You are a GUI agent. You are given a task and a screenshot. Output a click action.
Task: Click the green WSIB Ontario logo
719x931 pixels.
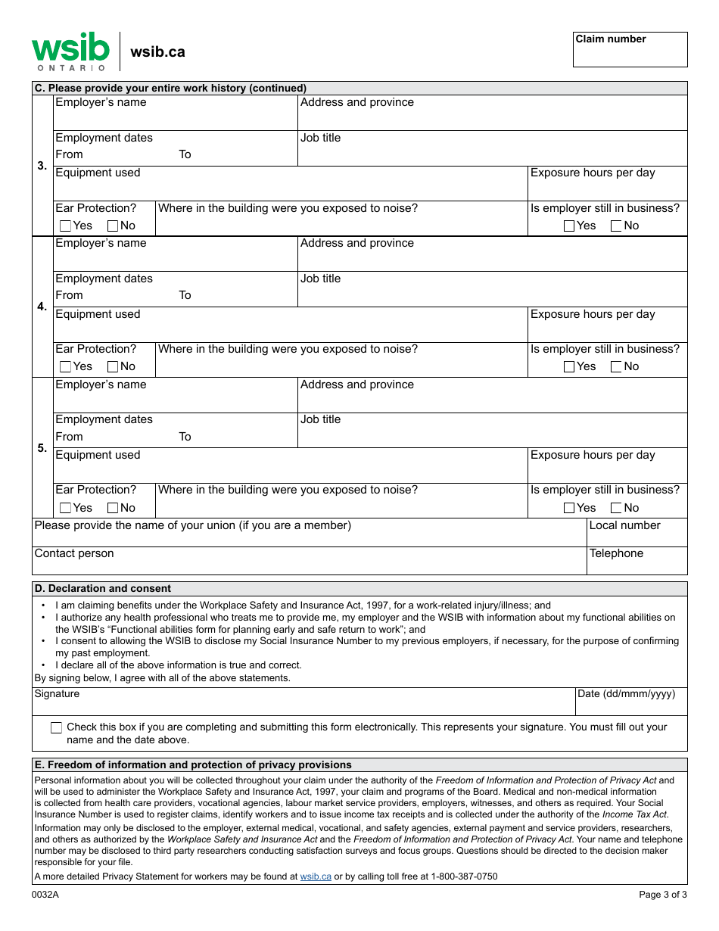70,51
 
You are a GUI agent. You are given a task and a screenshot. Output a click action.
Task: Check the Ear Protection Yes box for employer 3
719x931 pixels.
66,226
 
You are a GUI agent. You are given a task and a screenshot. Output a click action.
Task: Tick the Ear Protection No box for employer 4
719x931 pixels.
113,366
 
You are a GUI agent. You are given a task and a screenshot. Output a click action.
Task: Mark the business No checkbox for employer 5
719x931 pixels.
616,508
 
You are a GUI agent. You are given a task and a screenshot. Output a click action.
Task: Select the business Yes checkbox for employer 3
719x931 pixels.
569,226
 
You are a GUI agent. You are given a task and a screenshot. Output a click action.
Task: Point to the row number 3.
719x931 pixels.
42,166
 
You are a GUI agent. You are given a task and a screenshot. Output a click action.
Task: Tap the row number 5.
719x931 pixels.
42,448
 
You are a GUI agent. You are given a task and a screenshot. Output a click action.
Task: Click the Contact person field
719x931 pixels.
309,565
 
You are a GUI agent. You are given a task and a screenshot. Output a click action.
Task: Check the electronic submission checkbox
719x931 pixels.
57,727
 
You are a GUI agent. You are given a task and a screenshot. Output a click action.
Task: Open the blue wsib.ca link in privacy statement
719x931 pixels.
316,877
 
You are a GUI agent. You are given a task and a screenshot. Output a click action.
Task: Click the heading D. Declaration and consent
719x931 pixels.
102,588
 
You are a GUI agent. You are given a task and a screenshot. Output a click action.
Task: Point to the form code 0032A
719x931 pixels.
45,895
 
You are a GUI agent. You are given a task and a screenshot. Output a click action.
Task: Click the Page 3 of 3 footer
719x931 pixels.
663,895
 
